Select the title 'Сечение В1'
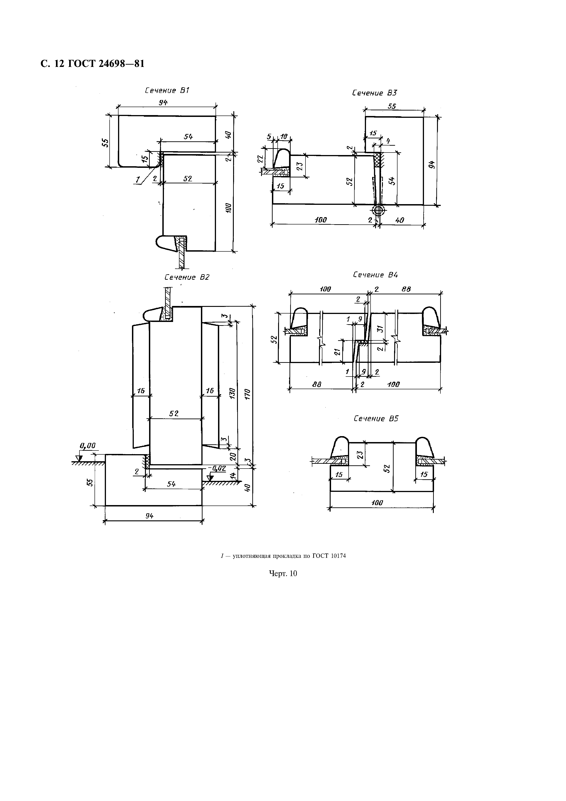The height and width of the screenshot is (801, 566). pyautogui.click(x=167, y=90)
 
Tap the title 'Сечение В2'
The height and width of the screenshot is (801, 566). pyautogui.click(x=187, y=277)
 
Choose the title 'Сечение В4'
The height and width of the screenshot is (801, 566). pyautogui.click(x=375, y=275)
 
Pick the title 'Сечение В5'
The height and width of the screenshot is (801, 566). pyautogui.click(x=376, y=418)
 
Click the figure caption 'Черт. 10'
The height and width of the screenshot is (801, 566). pyautogui.click(x=283, y=573)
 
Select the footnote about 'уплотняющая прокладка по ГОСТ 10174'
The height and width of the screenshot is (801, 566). pyautogui.click(x=283, y=556)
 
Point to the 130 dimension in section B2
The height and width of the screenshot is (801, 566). pyautogui.click(x=233, y=393)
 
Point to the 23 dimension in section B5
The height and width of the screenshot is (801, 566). pyautogui.click(x=360, y=455)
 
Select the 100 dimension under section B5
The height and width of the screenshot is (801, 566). pyautogui.click(x=377, y=503)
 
